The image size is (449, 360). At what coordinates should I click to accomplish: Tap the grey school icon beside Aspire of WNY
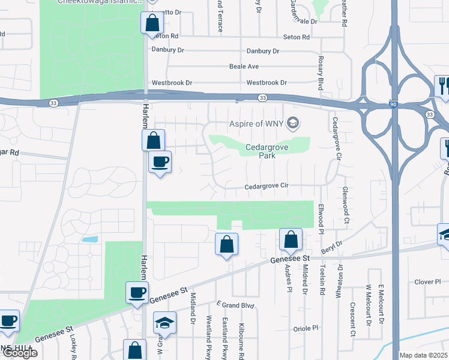click(293, 124)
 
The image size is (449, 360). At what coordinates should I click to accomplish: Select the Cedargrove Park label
click(264, 151)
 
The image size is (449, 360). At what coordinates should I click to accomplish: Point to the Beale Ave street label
click(244, 67)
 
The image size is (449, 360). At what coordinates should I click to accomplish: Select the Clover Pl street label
click(427, 281)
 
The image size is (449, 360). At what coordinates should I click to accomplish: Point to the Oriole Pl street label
click(306, 328)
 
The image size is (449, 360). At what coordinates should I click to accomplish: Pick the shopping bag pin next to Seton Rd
click(152, 24)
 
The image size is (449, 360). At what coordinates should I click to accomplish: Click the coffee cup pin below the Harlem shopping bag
click(160, 162)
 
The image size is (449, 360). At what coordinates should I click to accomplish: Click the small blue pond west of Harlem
click(90, 239)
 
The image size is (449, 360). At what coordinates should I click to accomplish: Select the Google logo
click(19, 353)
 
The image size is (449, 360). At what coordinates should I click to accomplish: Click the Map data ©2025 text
click(424, 355)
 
